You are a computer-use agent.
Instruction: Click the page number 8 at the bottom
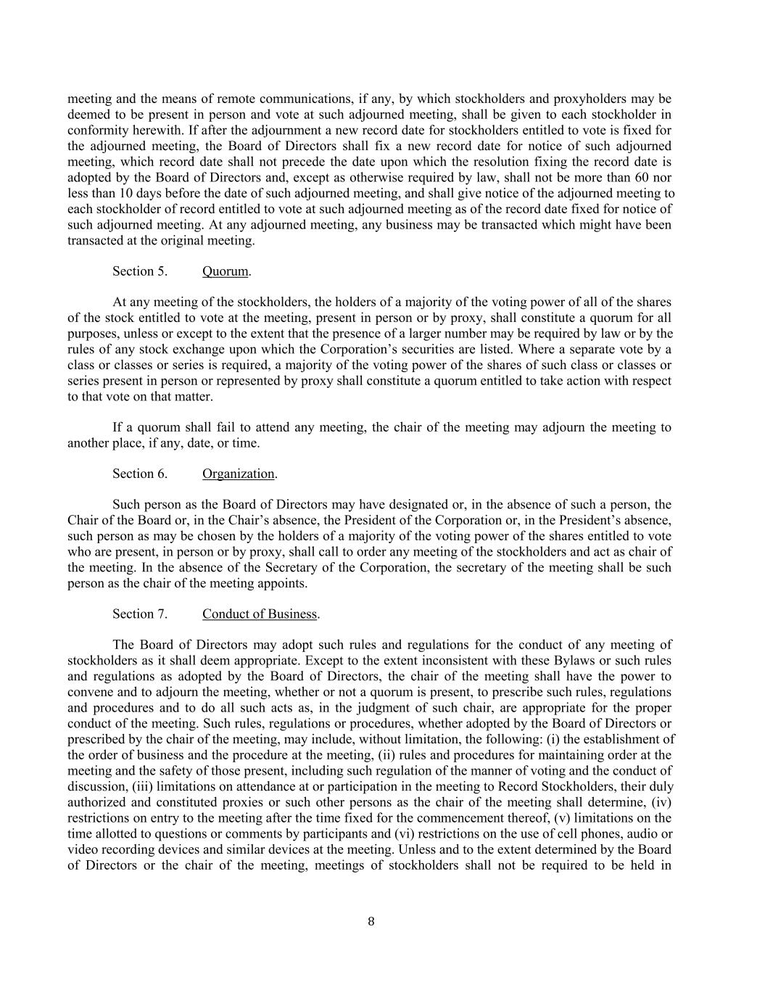point(371,922)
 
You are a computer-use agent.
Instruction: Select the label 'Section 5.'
point(139,271)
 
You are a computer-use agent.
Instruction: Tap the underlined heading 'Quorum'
point(225,271)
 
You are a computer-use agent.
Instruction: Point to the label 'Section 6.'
point(139,474)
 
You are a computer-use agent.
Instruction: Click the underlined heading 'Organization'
point(238,474)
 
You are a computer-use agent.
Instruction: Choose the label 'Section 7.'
point(139,614)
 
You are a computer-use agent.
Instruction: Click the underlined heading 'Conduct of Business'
point(260,614)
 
